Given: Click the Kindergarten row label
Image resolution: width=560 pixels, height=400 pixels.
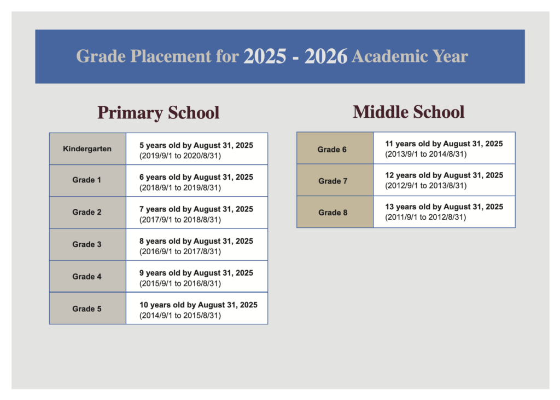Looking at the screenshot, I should pyautogui.click(x=87, y=148).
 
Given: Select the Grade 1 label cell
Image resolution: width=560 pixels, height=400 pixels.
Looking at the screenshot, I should pyautogui.click(x=87, y=180).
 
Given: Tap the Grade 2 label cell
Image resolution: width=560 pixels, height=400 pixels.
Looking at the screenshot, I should pyautogui.click(x=87, y=212).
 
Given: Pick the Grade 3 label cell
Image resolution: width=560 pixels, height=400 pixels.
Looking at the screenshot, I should pyautogui.click(x=87, y=244).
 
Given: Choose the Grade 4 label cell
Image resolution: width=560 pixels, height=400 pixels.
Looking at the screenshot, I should pyautogui.click(x=87, y=277).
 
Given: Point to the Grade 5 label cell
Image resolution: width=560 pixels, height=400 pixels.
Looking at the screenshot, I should pyautogui.click(x=87, y=309).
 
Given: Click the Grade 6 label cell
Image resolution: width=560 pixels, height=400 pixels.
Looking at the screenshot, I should pyautogui.click(x=332, y=149).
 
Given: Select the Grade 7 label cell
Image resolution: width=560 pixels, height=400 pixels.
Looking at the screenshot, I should pyautogui.click(x=332, y=181).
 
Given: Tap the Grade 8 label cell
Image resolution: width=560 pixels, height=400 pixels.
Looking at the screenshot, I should pyautogui.click(x=332, y=213).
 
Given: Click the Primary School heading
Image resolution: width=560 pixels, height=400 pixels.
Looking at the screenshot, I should pyautogui.click(x=159, y=113).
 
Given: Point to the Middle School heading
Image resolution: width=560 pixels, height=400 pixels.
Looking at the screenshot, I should pyautogui.click(x=409, y=112).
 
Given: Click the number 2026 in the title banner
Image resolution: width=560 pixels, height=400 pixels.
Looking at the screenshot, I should pyautogui.click(x=326, y=56).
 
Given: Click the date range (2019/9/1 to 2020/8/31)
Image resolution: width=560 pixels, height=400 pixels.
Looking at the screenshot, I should pyautogui.click(x=180, y=156).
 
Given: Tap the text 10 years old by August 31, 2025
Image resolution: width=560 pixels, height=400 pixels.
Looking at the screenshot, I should pyautogui.click(x=199, y=305).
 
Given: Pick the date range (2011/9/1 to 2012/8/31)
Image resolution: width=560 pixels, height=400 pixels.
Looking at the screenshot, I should pyautogui.click(x=426, y=218).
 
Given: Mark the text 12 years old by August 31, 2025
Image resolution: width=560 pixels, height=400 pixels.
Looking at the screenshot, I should pyautogui.click(x=444, y=175).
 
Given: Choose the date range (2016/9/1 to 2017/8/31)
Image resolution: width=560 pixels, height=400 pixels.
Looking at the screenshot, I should pyautogui.click(x=180, y=252).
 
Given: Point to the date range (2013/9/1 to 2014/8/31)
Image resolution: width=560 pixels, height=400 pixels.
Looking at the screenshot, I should pyautogui.click(x=426, y=154).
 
